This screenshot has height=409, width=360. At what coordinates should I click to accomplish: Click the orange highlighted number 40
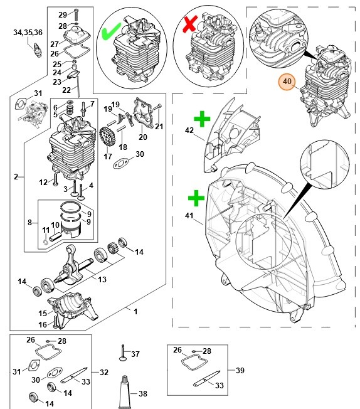(x=287, y=82)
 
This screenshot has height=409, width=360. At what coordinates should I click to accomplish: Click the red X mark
(x=190, y=24)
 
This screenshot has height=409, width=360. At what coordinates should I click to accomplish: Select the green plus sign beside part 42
(x=202, y=119)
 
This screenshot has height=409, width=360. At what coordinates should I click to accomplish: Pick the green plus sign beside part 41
(x=196, y=198)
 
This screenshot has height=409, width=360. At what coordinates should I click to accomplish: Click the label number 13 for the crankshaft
(x=102, y=279)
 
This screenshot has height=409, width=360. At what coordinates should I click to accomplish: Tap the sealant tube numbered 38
(x=125, y=392)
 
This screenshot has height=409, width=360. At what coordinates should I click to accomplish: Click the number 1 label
(x=135, y=311)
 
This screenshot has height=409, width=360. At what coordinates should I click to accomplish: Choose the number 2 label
(x=16, y=177)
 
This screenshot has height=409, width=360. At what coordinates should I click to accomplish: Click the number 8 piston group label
(x=29, y=223)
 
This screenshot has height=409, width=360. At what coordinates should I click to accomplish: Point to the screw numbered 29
(x=76, y=15)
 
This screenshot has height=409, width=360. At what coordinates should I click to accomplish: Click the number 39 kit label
(x=240, y=370)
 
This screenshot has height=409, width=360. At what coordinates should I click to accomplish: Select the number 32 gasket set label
(x=104, y=372)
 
